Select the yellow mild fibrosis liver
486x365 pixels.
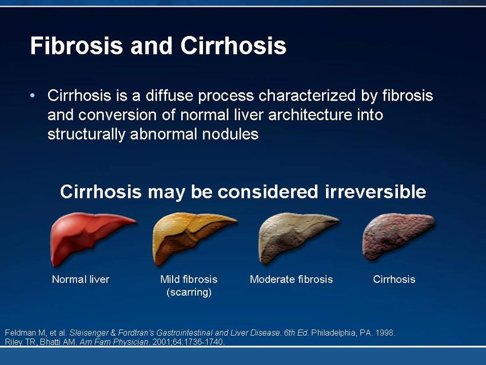tap(192, 237)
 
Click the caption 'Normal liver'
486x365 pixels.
tap(81, 279)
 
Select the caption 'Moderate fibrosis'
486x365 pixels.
tap(292, 279)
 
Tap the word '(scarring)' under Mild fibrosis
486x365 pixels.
tap(189, 292)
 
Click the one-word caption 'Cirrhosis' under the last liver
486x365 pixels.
tap(394, 279)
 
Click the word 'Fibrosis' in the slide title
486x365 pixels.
tap(77, 46)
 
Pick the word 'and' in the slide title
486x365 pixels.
tap(152, 46)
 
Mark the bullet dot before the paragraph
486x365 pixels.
tap(33, 96)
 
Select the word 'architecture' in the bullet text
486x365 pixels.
tap(310, 115)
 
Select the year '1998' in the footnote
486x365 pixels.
tap(385, 333)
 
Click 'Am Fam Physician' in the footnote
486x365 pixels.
tap(114, 342)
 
